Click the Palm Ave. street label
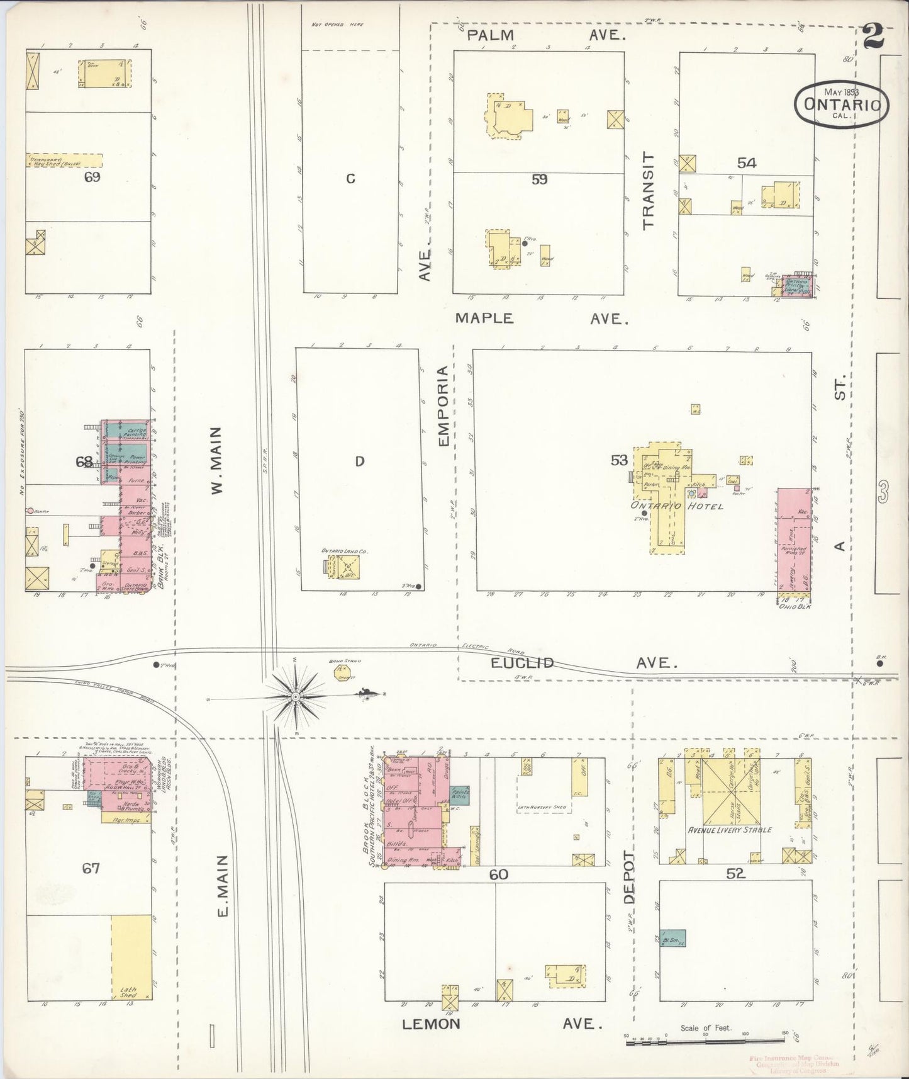[x=546, y=36]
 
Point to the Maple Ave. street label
[x=541, y=319]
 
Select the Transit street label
[x=649, y=189]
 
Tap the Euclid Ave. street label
[x=584, y=663]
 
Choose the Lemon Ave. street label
[x=498, y=1024]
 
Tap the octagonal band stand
[x=343, y=672]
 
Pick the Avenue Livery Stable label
[x=730, y=830]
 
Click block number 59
[x=539, y=179]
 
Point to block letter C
[x=350, y=179]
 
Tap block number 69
[x=92, y=177]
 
